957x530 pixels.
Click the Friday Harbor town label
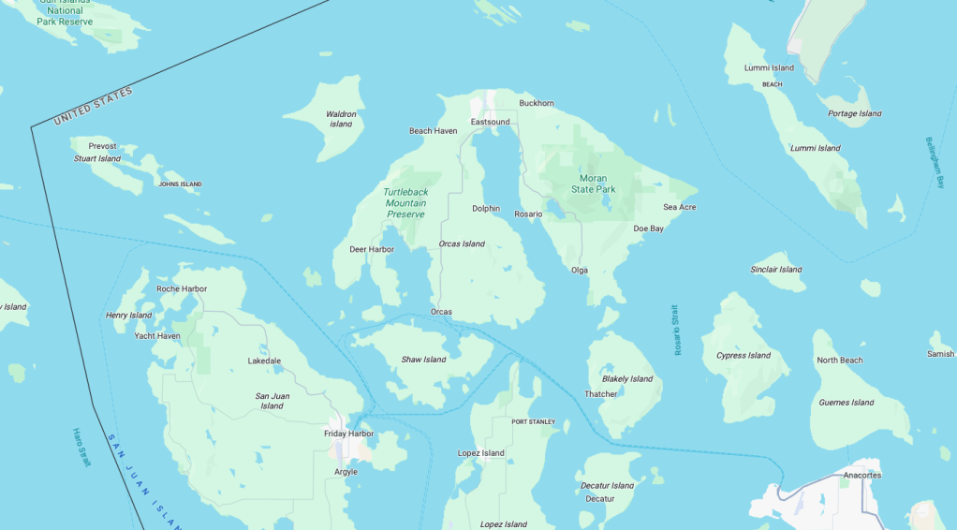click(x=348, y=434)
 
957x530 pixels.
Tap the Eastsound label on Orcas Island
click(x=490, y=122)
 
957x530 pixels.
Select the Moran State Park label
click(x=593, y=184)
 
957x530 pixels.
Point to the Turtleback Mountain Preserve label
click(x=405, y=203)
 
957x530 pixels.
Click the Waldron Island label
click(x=341, y=119)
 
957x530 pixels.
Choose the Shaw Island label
click(x=423, y=360)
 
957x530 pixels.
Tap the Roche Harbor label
click(x=182, y=288)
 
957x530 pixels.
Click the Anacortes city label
click(x=861, y=475)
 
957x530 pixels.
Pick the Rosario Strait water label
click(x=677, y=330)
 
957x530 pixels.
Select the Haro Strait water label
click(x=81, y=448)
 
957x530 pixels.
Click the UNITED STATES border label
click(x=94, y=106)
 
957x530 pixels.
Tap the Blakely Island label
click(x=627, y=379)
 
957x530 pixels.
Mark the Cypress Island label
click(x=744, y=356)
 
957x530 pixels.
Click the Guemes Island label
click(x=847, y=403)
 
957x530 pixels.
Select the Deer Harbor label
click(x=372, y=249)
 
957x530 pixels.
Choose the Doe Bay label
click(x=648, y=228)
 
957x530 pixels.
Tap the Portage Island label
click(x=855, y=114)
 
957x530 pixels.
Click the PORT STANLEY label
click(x=533, y=421)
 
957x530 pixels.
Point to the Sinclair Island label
click(x=776, y=270)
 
